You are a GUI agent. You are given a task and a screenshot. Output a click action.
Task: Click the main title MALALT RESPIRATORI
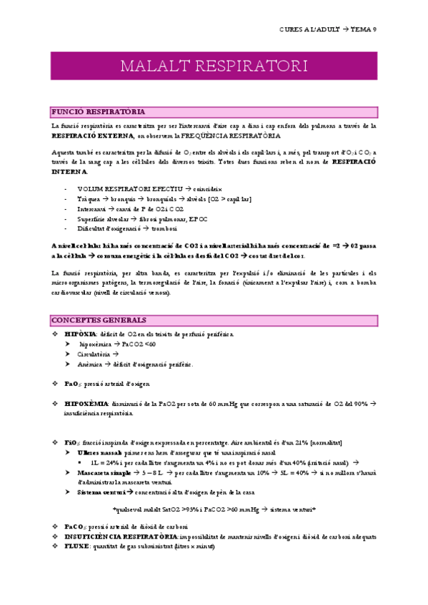coord(214,66)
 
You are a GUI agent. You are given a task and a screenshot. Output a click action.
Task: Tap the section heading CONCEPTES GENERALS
coord(99,320)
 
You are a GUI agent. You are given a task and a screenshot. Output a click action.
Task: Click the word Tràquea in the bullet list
coord(89,198)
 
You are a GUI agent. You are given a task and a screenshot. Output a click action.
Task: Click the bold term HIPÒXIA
coord(76,334)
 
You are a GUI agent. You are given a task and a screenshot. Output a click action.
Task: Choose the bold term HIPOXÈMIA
coord(86,403)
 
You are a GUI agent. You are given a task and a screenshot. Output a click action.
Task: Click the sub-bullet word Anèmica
coord(91,364)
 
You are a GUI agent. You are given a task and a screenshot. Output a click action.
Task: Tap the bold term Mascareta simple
coord(104,472)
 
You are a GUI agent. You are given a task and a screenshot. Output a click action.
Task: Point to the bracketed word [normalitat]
coord(321,442)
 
